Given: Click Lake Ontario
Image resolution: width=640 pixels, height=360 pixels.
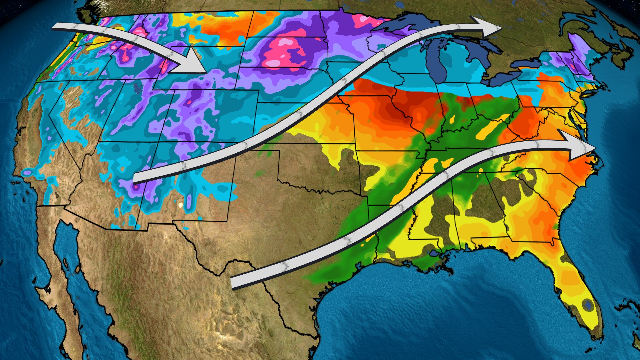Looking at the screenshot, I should (x=530, y=63).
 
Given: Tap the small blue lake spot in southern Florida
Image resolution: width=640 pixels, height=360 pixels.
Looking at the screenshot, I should (x=588, y=304).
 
